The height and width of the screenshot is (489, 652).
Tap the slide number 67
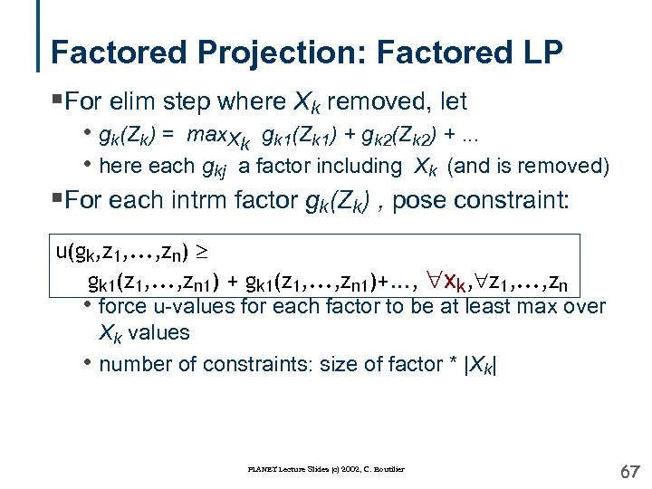[x=629, y=471]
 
